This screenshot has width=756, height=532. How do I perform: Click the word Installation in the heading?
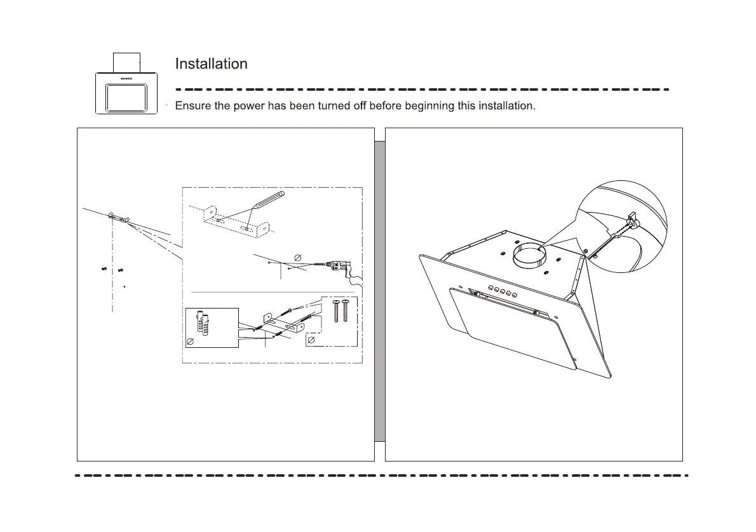[x=211, y=64]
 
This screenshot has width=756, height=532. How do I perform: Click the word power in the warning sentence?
[x=250, y=106]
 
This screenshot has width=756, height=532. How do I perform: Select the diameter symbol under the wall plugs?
[x=189, y=342]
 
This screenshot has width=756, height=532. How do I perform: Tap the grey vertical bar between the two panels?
[x=380, y=291]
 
